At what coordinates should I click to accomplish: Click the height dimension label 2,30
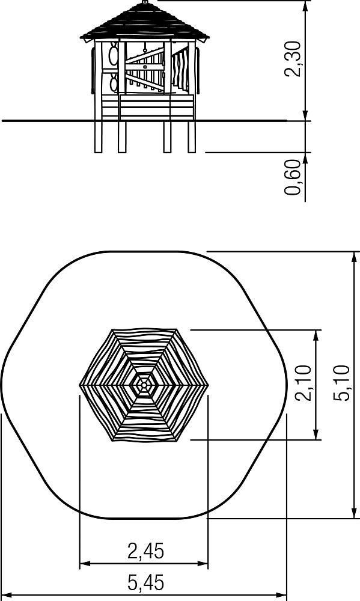coord(293,59)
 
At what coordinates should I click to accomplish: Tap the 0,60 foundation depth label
coord(293,177)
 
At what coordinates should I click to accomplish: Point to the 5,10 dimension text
coord(341,383)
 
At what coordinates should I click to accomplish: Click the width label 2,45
coord(145,551)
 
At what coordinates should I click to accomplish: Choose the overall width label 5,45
coord(145,583)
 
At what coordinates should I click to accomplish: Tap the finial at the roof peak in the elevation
coord(145,2)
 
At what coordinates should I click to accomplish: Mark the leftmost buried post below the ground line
coord(99,137)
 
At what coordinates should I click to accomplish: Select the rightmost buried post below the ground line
coord(192,137)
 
